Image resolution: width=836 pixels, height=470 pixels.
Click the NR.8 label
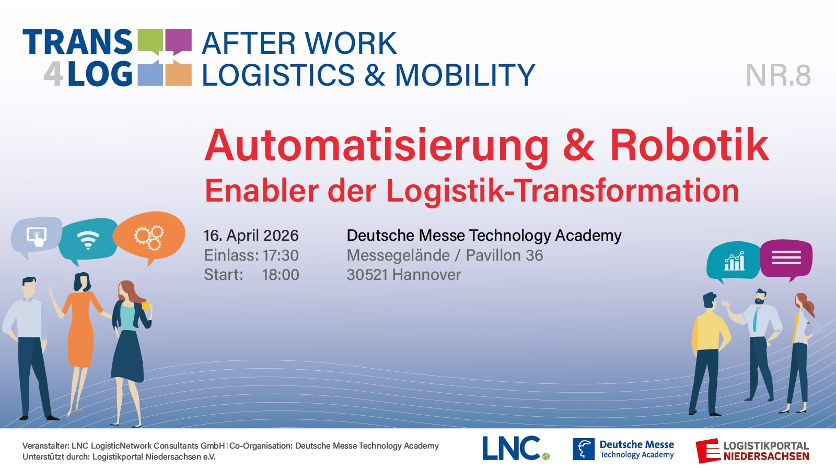point(778,75)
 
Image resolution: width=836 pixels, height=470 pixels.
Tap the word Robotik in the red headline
point(690,146)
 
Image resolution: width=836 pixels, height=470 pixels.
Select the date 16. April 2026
point(251,236)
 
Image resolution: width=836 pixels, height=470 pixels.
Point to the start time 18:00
point(281,275)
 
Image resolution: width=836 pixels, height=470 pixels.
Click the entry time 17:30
point(281,255)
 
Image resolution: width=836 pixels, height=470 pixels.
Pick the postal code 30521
point(367,275)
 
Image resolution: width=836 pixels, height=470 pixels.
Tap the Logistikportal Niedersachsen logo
point(752,451)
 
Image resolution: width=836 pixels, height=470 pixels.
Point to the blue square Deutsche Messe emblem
point(584,449)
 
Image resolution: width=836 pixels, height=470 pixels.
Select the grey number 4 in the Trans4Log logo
point(53,74)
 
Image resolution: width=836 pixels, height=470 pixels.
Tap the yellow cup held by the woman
point(146,306)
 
